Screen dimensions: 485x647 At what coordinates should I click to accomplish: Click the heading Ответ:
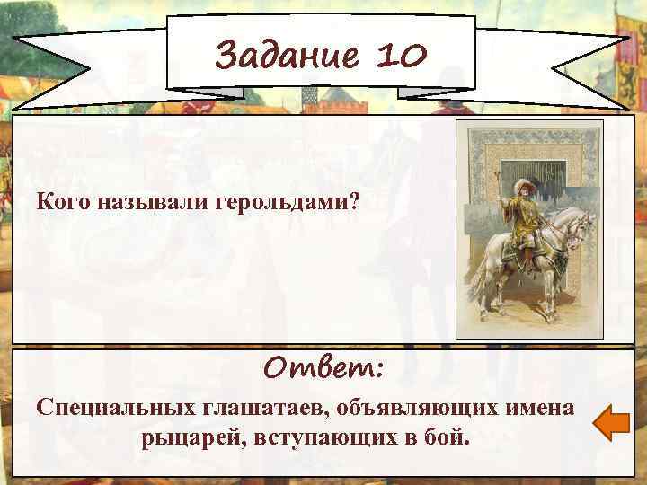pyautogui.click(x=324, y=367)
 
